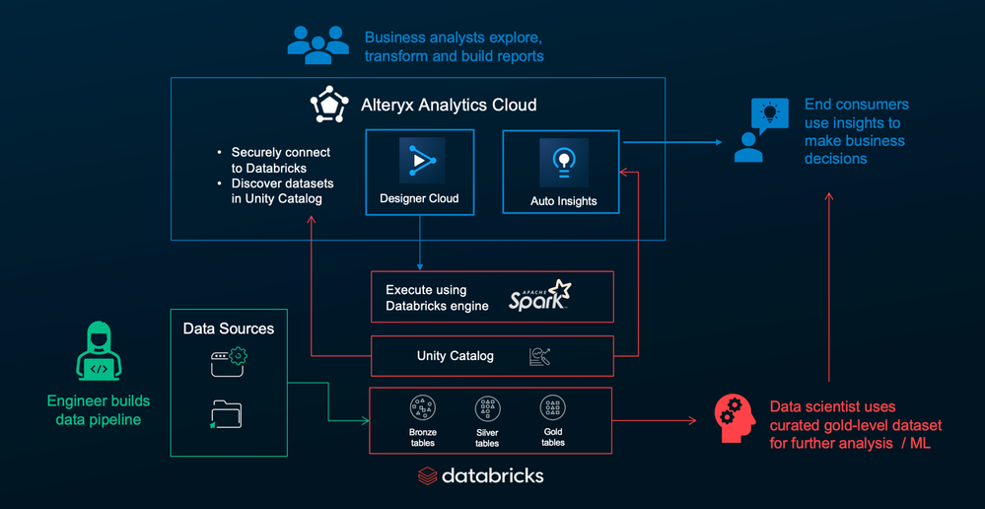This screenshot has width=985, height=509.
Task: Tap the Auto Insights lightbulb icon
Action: click(x=563, y=162)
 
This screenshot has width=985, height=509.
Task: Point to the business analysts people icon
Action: click(x=317, y=44)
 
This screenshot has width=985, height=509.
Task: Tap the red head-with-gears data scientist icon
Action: click(x=735, y=417)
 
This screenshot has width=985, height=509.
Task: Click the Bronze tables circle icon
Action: click(x=423, y=408)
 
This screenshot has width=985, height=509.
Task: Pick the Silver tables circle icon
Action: click(x=487, y=408)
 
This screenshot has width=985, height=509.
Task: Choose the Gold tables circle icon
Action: click(x=553, y=407)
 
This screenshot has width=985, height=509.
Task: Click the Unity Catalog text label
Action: click(x=455, y=356)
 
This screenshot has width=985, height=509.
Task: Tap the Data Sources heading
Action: click(x=229, y=328)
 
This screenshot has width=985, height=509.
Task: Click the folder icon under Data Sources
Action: click(x=226, y=414)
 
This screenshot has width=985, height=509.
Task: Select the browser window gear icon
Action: click(x=229, y=363)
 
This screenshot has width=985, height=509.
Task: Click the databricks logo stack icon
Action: click(x=427, y=475)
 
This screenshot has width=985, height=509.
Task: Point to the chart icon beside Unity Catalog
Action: click(x=539, y=357)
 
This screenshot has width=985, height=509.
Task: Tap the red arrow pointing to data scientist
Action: click(x=654, y=420)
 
